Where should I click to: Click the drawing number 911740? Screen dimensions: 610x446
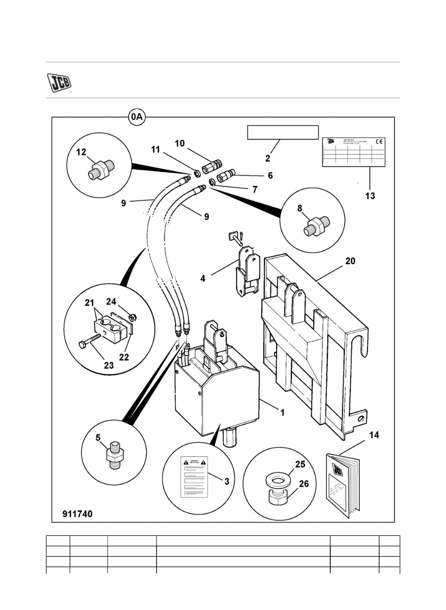[77, 514]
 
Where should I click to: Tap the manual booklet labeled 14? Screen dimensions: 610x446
[343, 484]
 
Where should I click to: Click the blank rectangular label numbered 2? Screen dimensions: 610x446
[283, 133]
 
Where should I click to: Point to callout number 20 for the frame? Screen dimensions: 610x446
[350, 261]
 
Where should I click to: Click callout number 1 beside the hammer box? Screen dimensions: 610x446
[282, 413]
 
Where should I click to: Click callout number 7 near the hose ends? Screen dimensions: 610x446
[254, 189]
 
